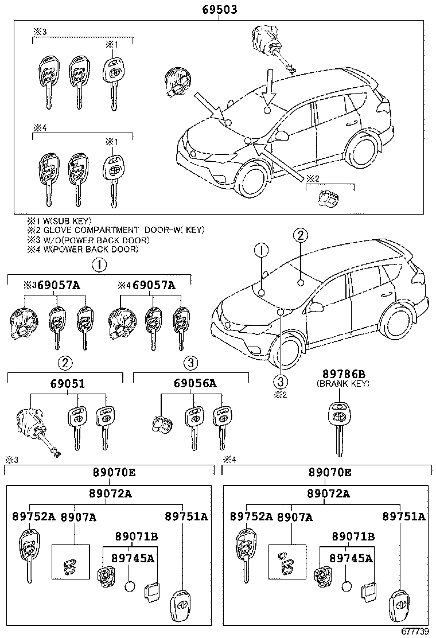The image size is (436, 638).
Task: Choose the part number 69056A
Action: tap(193, 383)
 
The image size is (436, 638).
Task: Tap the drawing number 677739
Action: tap(415, 632)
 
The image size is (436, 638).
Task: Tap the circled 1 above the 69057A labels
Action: tap(99, 265)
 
